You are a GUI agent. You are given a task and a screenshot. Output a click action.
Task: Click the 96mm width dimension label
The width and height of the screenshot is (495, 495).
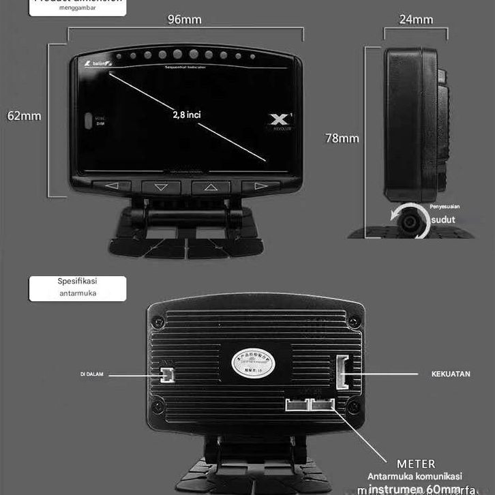pos(185,19)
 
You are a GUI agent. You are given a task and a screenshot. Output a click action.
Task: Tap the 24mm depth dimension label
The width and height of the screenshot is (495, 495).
pos(416,19)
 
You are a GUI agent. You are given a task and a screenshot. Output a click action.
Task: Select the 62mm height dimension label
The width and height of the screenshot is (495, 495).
pos(25,116)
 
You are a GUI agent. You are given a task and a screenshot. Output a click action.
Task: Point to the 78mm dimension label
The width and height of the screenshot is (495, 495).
pos(342,138)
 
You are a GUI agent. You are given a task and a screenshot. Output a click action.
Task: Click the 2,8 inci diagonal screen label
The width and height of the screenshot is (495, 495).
pos(187,115)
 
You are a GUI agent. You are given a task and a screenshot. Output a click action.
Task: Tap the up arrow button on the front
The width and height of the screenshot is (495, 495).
pos(211,186)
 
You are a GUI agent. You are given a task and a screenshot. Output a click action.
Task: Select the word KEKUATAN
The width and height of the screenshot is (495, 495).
pos(451,374)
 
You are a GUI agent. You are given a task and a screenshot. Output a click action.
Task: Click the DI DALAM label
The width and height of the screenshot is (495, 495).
pos(91,374)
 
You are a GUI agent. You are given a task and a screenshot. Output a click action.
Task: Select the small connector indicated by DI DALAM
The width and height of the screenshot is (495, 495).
pos(166,374)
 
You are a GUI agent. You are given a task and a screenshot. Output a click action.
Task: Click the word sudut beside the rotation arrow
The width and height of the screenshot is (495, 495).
pos(443,220)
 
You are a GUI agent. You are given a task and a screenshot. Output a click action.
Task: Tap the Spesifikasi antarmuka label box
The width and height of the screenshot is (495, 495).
pos(77,288)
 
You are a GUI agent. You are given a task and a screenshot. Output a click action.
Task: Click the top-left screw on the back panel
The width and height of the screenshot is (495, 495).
pos(158,320)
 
